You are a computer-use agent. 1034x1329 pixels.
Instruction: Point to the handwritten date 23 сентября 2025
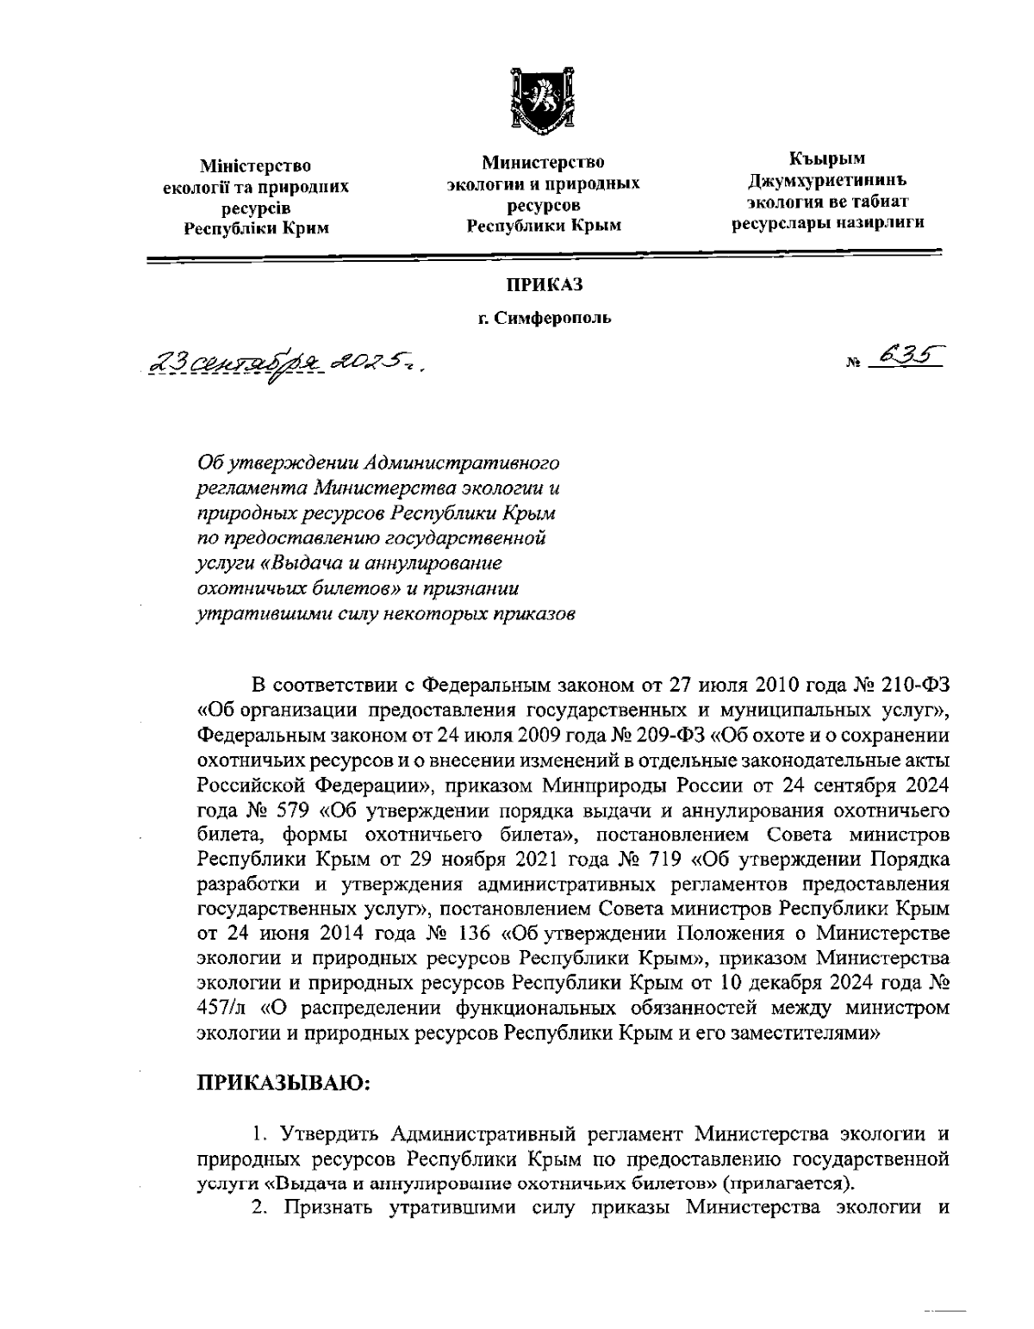pos(283,366)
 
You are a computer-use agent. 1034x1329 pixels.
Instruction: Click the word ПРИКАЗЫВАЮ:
pos(284,1083)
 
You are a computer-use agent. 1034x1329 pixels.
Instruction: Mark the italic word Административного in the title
pos(464,463)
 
